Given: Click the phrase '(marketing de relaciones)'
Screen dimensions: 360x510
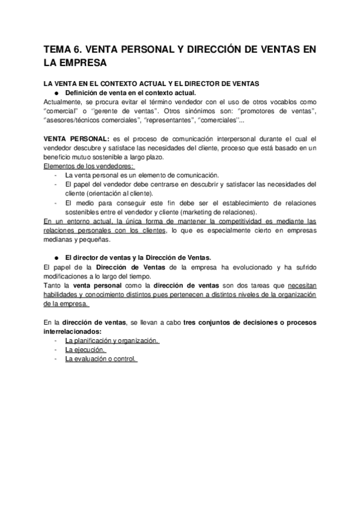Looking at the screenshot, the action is click(x=213, y=212).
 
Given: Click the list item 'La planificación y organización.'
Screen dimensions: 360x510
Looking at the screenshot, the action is click(x=112, y=341).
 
